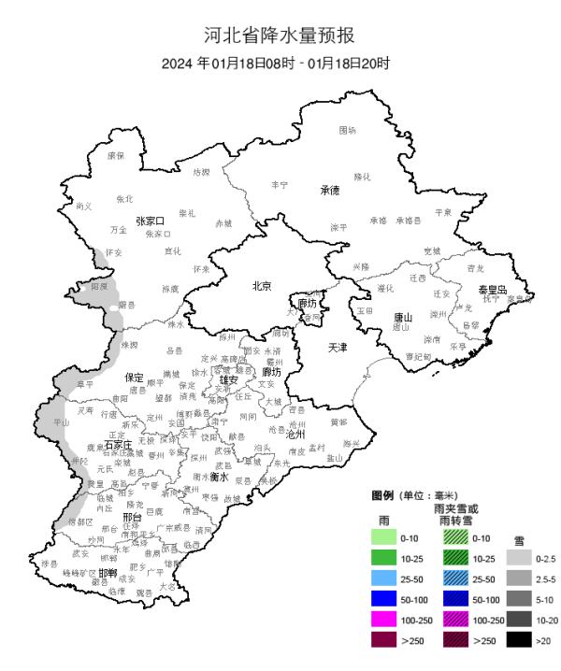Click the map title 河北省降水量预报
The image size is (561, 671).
click(x=280, y=36)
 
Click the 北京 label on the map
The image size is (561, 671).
click(x=262, y=286)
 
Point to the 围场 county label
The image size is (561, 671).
click(x=348, y=130)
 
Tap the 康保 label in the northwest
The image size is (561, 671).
click(x=115, y=156)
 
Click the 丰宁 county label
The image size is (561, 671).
click(x=279, y=186)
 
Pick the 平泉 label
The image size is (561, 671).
click(x=441, y=213)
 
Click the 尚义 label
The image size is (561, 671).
click(x=84, y=206)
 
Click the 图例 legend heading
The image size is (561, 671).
click(x=381, y=494)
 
